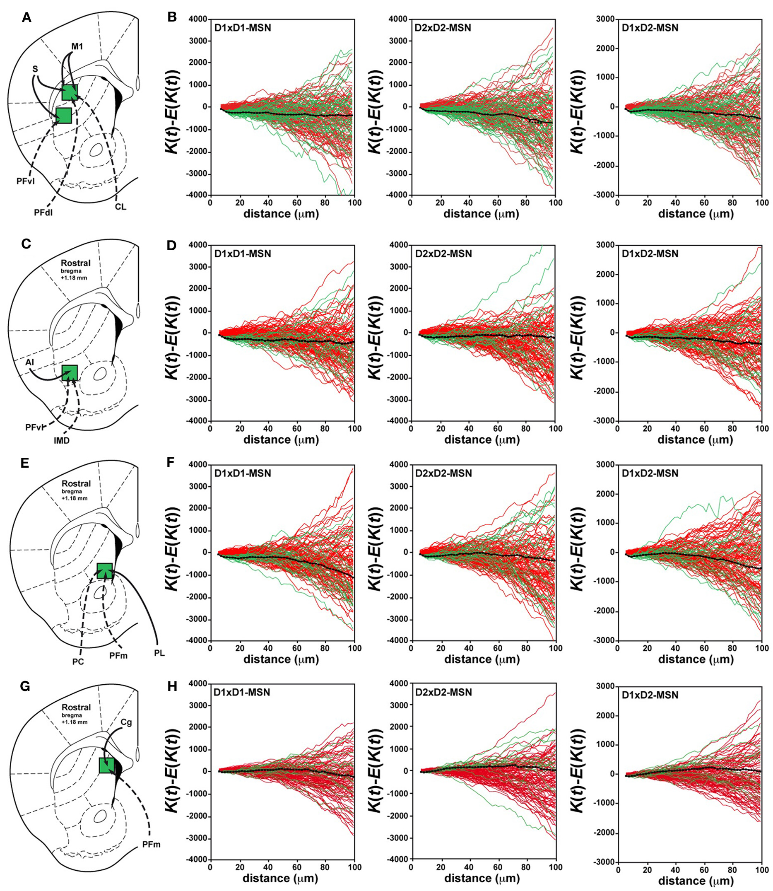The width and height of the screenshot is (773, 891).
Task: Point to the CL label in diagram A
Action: pyautogui.click(x=121, y=207)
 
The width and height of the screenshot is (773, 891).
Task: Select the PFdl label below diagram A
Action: pyautogui.click(x=43, y=212)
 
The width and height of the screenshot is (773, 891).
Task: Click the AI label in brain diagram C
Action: pyautogui.click(x=30, y=363)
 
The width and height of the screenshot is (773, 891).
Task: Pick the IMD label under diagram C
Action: pyautogui.click(x=62, y=441)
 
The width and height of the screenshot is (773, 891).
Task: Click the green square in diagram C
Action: pyautogui.click(x=70, y=372)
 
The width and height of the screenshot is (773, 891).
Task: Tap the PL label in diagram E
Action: pyautogui.click(x=159, y=653)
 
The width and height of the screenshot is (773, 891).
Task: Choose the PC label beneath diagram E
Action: pyautogui.click(x=78, y=662)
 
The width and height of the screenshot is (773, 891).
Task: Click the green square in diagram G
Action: pyautogui.click(x=106, y=765)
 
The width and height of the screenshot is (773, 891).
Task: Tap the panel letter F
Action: pyautogui.click(x=171, y=463)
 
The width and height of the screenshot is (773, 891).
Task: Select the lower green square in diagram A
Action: pyautogui.click(x=63, y=116)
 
